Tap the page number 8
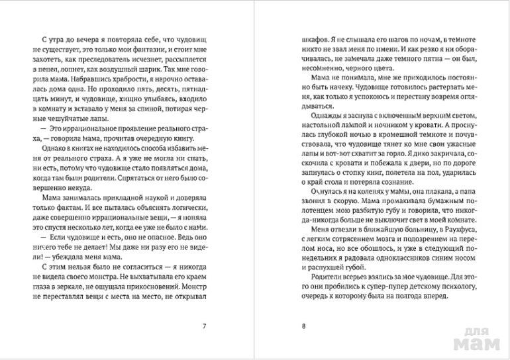pyautogui.click(x=303, y=325)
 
